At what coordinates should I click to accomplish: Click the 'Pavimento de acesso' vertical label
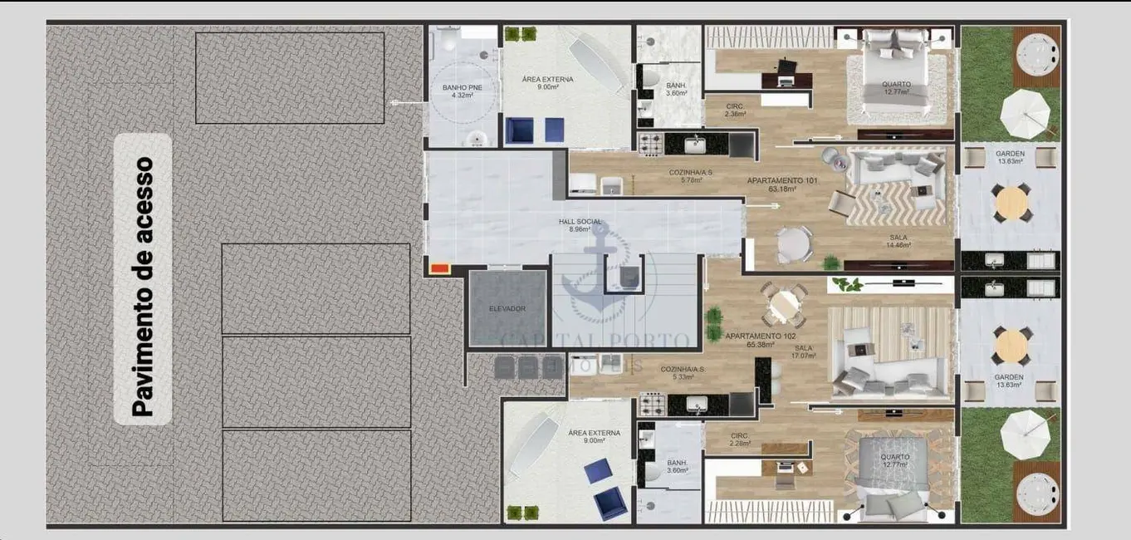click(x=143, y=286)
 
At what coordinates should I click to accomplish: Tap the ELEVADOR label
click(x=507, y=308)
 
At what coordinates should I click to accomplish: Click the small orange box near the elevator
click(x=439, y=268)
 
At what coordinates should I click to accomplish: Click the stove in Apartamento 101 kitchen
click(x=650, y=145)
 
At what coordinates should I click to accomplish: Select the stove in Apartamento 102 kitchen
click(x=650, y=405)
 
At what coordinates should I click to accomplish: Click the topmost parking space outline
click(x=290, y=77)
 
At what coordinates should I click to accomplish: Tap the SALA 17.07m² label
click(x=804, y=351)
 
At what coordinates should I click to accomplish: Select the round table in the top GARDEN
click(x=1011, y=203)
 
